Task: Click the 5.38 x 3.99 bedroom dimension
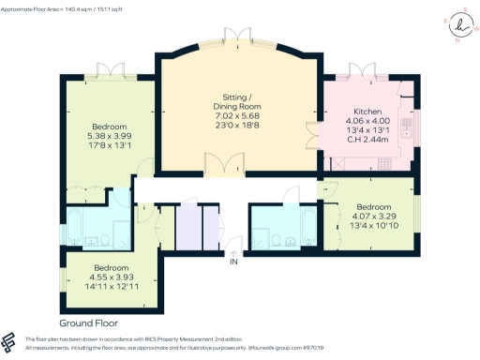(x=109, y=135)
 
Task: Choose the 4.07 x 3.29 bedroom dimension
(x=372, y=215)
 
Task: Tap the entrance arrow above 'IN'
(x=232, y=249)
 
